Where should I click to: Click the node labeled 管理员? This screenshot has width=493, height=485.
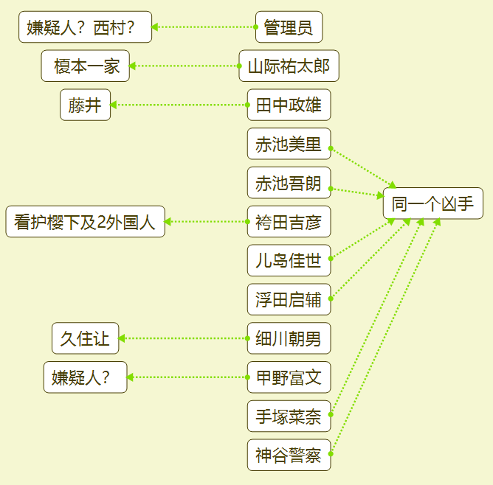click(289, 27)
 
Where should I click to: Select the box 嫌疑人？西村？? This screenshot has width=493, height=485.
click(85, 27)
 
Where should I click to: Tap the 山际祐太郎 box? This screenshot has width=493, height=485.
click(289, 66)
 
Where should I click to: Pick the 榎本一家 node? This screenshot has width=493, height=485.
click(86, 66)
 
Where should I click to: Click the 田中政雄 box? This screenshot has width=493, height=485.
click(289, 105)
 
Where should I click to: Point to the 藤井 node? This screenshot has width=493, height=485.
click(85, 105)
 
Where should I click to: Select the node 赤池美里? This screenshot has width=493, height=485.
click(289, 144)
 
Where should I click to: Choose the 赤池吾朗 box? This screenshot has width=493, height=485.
click(289, 183)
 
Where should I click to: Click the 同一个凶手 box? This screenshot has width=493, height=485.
click(432, 203)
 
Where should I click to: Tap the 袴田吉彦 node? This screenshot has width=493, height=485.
click(289, 222)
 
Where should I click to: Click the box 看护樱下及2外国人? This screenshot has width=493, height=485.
click(85, 222)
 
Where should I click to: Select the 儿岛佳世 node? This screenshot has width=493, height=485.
click(289, 260)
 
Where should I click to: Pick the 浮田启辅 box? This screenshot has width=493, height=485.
click(289, 299)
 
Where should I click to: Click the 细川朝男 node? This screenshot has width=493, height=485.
click(289, 338)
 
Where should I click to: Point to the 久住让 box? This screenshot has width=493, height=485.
click(85, 338)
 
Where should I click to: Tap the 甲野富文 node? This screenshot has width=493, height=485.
click(289, 377)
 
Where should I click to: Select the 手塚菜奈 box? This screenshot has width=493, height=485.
click(289, 416)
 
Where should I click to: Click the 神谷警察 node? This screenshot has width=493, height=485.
click(289, 455)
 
